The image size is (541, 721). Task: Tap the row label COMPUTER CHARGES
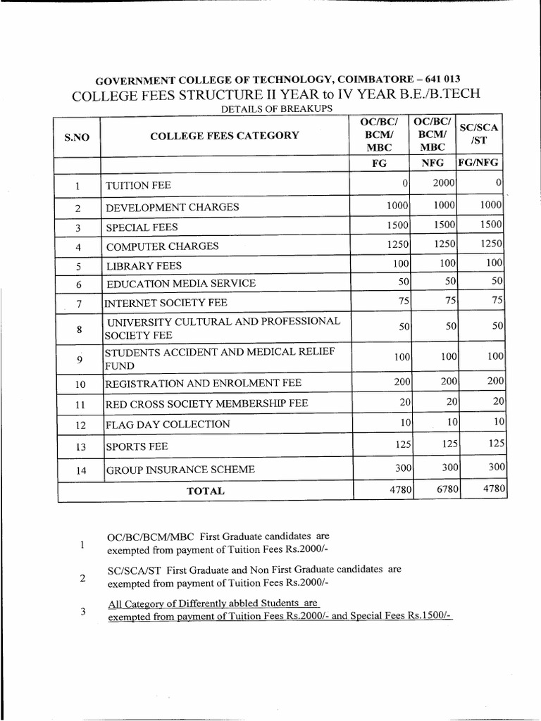coord(162,246)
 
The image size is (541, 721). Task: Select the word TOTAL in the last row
coord(206,491)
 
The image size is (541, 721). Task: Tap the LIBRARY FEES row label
coord(144,265)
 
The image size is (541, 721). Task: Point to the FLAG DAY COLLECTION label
coord(168,424)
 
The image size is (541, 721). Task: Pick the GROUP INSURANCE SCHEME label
coord(180,470)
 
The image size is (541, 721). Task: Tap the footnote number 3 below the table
coord(82,611)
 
